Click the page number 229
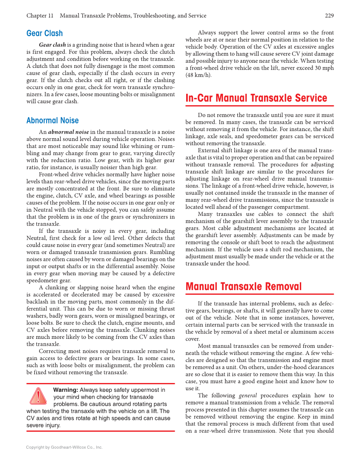pos(329,16)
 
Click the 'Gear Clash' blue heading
pos(45,34)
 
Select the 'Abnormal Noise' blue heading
pos(53,120)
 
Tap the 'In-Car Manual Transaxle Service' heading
pos(256,98)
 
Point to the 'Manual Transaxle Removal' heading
pos(243,287)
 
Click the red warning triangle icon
pos(38,396)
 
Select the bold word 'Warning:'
pos(66,390)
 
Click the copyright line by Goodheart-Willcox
pos(64,447)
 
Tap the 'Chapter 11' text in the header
pos(40,16)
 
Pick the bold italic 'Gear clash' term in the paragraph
pos(52,45)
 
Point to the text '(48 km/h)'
pos(198,75)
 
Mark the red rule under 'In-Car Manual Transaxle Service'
pos(260,106)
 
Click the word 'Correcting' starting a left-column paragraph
pos(52,351)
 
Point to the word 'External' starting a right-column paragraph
pos(209,151)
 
